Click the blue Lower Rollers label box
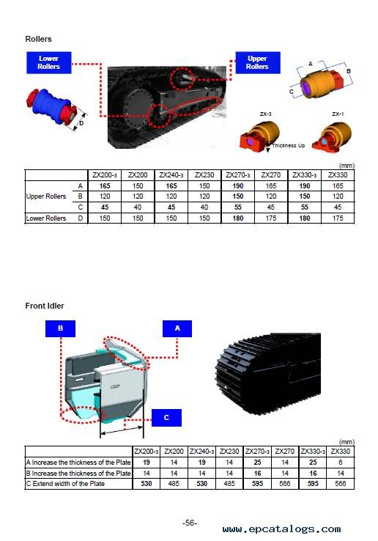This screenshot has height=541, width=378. click(49, 63)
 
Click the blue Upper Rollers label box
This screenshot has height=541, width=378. click(258, 63)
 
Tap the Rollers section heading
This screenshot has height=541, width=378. click(38, 39)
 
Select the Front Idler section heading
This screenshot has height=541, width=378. click(45, 306)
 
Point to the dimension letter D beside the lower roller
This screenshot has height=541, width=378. click(81, 123)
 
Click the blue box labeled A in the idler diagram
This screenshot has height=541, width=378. click(177, 328)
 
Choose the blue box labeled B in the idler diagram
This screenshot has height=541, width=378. click(60, 328)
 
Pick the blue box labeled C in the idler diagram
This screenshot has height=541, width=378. click(166, 418)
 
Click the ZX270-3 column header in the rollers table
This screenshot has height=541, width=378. click(237, 175)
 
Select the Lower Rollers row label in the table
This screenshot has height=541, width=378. click(46, 218)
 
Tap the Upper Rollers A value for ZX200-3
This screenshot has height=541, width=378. click(105, 186)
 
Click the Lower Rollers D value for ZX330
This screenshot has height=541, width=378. click(338, 218)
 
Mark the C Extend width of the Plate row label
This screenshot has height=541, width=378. click(65, 484)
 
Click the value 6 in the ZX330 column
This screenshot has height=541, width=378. click(341, 463)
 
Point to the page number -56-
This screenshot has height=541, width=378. click(190, 523)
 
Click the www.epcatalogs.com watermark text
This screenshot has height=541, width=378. click(281, 529)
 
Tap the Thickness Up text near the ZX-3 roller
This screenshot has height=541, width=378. click(289, 146)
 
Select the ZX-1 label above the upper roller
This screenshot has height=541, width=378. click(338, 114)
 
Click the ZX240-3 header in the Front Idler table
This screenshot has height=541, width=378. click(201, 452)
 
